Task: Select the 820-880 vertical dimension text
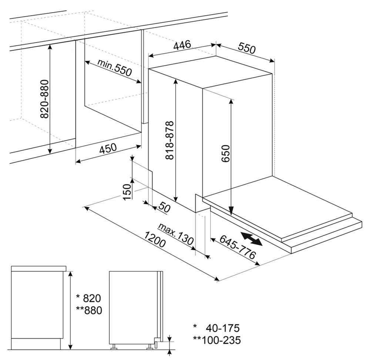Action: tap(45, 99)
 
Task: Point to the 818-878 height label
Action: tap(170, 140)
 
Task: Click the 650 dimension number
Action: tap(226, 153)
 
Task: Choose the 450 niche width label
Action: tap(108, 149)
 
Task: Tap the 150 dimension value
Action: tap(127, 192)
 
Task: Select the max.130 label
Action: tap(176, 234)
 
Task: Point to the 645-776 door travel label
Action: tap(238, 247)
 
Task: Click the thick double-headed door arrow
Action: tap(252, 239)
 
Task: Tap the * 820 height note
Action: tap(88, 298)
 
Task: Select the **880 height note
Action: tap(89, 310)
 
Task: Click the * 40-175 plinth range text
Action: tap(216, 328)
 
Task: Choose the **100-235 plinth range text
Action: tap(217, 340)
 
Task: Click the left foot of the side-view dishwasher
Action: tap(114, 346)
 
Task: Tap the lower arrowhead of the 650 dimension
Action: tap(231, 211)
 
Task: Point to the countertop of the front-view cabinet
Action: tap(39, 268)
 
